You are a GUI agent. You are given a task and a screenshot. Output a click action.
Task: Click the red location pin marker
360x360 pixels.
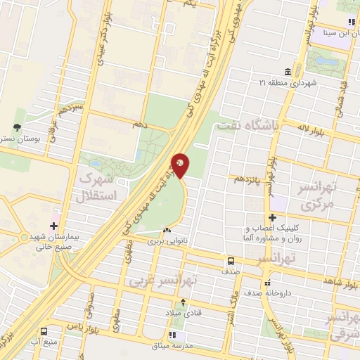pyautogui.click(x=180, y=165)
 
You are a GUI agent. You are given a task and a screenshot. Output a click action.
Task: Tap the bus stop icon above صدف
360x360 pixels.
pyautogui.click(x=231, y=260)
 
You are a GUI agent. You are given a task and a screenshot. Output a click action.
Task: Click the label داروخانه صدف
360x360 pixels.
pyautogui.click(x=272, y=292)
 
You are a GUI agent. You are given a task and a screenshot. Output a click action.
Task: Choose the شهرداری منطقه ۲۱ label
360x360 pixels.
pyautogui.click(x=292, y=84)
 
